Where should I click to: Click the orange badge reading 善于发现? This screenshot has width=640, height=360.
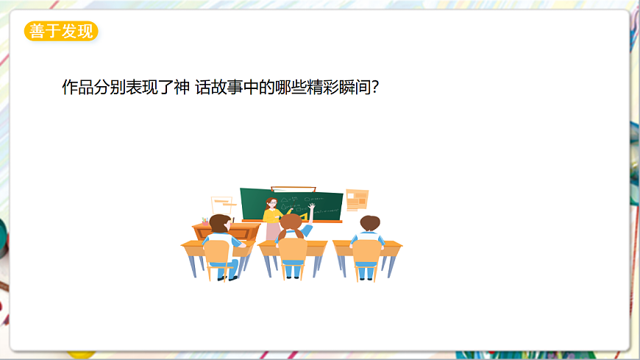tap(61, 32)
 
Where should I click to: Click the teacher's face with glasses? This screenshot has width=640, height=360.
tap(272, 202)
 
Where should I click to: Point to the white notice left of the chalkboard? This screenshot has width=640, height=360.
tap(221, 204)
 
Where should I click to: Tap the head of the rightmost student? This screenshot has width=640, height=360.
tap(369, 223)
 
